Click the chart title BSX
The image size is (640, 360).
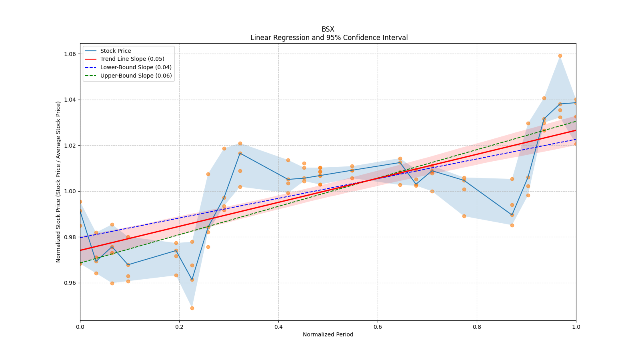328,29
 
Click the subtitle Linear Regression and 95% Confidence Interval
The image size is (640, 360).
329,38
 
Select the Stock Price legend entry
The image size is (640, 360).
116,51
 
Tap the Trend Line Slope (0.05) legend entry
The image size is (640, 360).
132,59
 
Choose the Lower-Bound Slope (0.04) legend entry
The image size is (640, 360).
136,67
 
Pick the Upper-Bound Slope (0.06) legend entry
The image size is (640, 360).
136,76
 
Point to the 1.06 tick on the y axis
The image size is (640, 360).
70,54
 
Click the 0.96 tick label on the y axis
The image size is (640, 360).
70,283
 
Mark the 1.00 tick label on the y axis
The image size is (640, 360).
70,191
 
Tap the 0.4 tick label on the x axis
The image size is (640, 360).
278,327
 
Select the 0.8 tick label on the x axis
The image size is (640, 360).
477,327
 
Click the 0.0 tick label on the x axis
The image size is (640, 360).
80,327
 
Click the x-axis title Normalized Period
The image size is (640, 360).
328,334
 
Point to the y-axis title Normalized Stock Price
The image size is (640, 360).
58,182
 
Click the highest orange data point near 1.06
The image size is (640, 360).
560,56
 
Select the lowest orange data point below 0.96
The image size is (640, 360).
192,308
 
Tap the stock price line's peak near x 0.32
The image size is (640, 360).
240,153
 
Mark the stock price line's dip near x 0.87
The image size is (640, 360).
512,215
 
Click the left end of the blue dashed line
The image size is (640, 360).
80,238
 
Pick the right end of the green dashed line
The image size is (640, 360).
576,121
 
